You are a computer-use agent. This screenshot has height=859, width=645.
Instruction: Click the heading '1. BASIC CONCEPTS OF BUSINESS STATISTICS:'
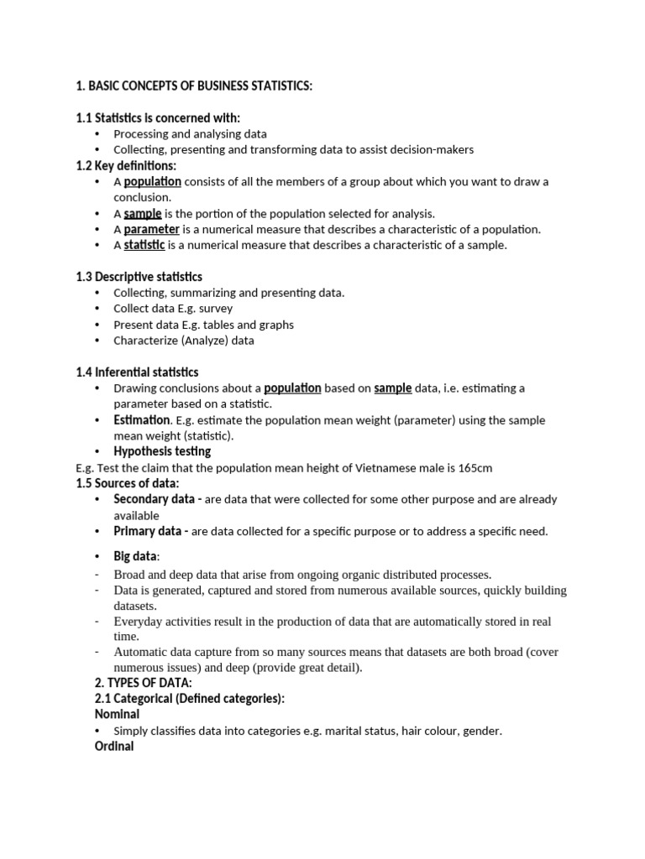point(194,86)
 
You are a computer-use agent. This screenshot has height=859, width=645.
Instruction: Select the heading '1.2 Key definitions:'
point(126,165)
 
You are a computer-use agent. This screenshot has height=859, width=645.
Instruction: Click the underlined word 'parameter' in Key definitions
point(151,229)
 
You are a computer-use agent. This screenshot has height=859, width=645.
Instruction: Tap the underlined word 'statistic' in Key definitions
point(144,245)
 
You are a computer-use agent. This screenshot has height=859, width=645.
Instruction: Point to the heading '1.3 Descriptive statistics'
point(139,277)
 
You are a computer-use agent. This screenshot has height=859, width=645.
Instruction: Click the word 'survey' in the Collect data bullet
point(216,309)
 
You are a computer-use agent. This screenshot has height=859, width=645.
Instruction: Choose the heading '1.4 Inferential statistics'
point(137,372)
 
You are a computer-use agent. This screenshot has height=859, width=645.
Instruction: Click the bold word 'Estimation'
point(141,419)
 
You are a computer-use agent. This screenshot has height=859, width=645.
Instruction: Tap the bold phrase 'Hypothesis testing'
point(162,451)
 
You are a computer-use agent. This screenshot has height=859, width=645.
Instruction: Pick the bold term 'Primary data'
point(148,531)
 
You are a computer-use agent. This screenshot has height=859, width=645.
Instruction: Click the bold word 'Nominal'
point(118,715)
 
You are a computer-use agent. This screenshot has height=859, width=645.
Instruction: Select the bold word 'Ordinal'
point(115,746)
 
